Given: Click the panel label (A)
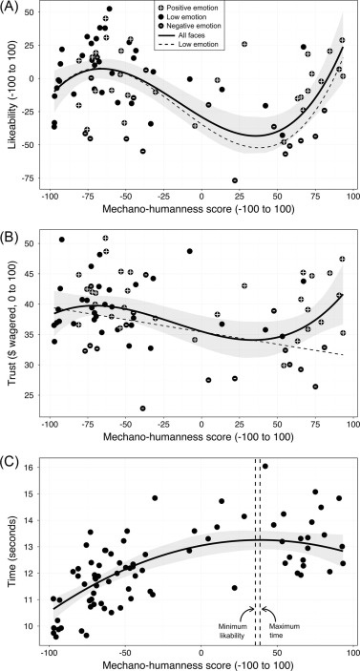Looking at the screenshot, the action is [9, 7].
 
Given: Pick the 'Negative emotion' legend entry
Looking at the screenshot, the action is [189, 26].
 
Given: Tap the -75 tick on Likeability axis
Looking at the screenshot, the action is [30, 178].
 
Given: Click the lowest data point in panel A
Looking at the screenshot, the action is [235, 180].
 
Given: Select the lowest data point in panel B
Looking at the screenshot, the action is [142, 409].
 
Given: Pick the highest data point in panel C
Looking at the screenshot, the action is [265, 466].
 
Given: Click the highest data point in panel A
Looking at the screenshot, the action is [109, 9].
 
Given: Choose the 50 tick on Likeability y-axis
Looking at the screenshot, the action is [31, 12].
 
